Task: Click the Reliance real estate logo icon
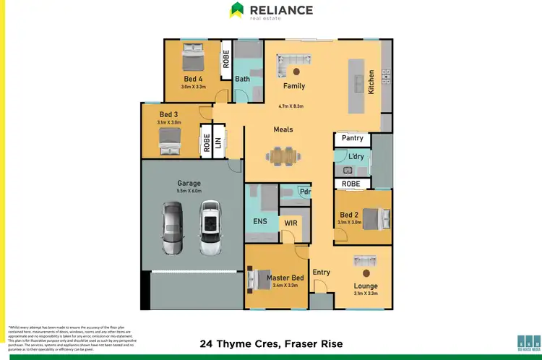point(236,10)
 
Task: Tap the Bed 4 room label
point(192,78)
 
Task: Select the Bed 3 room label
point(169,115)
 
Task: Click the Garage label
point(189,184)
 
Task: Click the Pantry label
point(352,138)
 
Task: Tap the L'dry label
point(356,157)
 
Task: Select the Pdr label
point(305,192)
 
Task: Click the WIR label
point(291,223)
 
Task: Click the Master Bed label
point(284,278)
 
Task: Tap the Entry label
point(322,273)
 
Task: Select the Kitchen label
point(372,82)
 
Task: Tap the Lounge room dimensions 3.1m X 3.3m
point(366,293)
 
